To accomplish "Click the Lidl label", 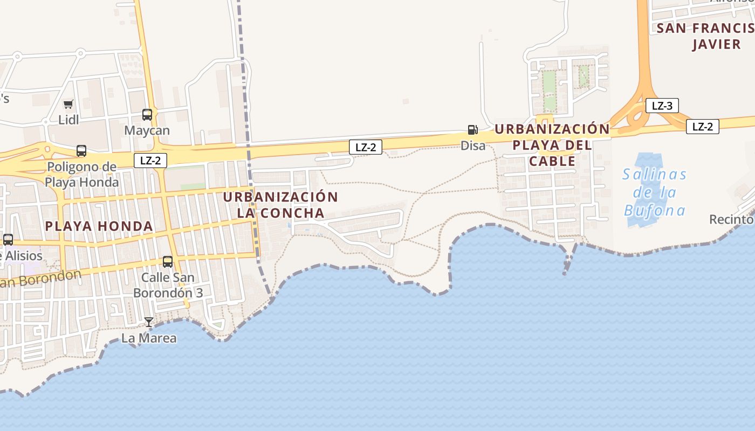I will click(68, 120).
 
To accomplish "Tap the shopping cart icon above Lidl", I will click(68, 104).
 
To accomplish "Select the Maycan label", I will click(147, 130).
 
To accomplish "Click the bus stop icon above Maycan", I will click(147, 114).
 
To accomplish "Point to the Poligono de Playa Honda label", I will click(81, 174).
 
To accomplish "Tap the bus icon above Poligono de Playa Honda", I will click(81, 151).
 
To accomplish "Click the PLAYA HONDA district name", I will click(99, 226).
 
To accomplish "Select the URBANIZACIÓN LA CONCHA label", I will click(280, 205).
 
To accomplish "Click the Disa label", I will click(473, 145).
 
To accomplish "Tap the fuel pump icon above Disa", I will click(472, 130).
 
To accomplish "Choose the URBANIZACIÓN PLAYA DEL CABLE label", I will click(552, 145).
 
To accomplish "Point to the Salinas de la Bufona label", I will click(655, 192).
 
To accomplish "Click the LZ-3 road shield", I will click(662, 106).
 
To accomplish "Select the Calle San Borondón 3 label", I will click(168, 286).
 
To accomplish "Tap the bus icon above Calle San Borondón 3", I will click(168, 262).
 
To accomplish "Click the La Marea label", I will click(149, 338).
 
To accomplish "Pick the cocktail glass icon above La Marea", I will click(149, 322).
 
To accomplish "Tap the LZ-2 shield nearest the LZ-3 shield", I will click(702, 127).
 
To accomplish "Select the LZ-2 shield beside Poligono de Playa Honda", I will click(150, 160).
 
